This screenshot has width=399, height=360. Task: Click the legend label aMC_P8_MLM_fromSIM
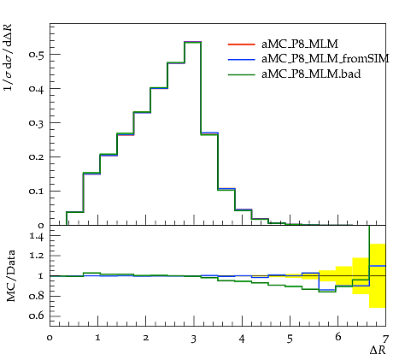point(326,59)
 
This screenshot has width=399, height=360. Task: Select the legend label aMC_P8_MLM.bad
point(311,74)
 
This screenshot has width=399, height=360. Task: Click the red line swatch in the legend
point(241,44)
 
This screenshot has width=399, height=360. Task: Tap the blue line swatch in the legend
point(241,59)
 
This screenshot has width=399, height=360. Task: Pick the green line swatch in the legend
point(241,74)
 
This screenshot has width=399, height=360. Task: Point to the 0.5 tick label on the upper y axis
point(37,54)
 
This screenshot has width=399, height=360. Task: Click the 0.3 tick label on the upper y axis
point(37,122)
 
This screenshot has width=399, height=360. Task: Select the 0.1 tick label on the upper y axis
point(37,191)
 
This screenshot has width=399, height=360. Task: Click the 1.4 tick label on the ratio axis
point(37,236)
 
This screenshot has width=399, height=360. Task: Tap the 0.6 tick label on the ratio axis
point(37,316)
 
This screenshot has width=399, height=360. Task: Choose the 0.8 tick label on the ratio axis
point(37,296)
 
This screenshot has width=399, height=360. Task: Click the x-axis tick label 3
point(194,339)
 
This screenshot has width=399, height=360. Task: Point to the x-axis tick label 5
point(290,339)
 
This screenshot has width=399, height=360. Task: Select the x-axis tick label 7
point(385,339)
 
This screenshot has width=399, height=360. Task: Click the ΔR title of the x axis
point(378,350)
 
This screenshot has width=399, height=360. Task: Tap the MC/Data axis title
point(11,275)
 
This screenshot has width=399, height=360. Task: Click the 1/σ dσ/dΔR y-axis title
point(8,57)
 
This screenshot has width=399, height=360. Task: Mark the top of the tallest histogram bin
point(193,42)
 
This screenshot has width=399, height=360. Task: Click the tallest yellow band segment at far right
point(378,275)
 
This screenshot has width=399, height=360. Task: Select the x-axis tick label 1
point(97,338)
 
